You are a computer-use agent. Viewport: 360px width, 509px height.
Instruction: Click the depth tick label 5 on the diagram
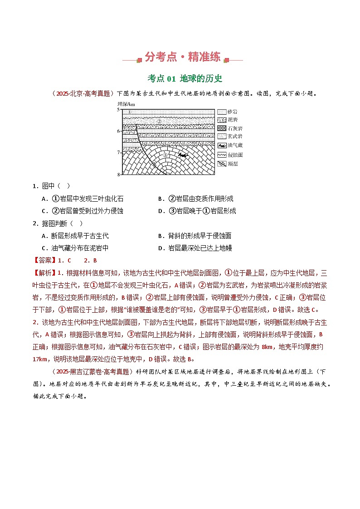118,110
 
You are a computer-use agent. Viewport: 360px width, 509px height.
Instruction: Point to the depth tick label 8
118,175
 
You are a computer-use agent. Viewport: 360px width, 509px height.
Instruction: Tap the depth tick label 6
118,131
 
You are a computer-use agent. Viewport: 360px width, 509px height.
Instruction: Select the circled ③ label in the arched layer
165,155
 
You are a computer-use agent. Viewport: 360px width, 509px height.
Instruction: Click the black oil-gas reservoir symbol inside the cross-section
182,155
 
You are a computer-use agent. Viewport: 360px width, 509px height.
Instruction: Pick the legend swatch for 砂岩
221,111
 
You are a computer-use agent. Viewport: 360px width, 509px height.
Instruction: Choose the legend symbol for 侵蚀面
221,155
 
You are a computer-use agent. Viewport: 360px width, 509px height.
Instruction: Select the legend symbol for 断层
221,164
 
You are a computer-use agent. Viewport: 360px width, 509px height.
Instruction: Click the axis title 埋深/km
126,104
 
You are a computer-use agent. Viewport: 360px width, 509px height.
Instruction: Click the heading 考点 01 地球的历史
185,79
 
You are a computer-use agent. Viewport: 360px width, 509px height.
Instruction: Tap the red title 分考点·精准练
182,57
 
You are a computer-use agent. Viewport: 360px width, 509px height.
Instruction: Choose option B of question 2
195,236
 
